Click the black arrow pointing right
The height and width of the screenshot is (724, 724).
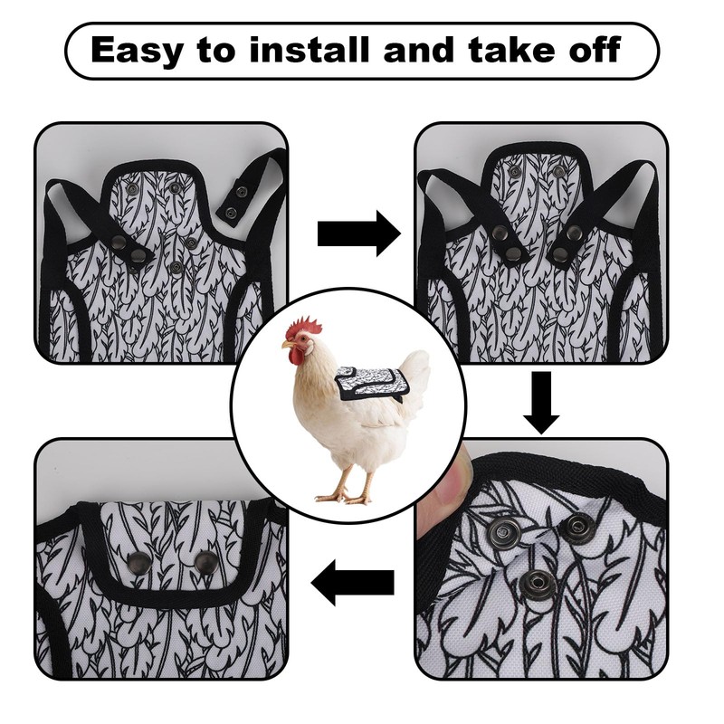point(358,233)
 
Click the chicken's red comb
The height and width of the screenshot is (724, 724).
point(304,325)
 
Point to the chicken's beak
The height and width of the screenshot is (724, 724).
point(287,345)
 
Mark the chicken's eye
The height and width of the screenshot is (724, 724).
point(300,340)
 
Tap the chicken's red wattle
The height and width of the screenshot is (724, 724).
point(296,357)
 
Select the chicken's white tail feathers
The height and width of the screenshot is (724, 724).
point(414,371)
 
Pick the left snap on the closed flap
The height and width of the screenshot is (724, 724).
point(139,563)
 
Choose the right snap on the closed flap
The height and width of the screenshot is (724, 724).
point(206,562)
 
